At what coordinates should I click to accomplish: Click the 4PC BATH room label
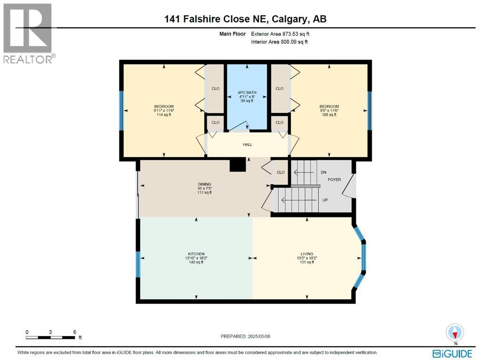click(x=247, y=92)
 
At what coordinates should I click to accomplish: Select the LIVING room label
click(x=307, y=254)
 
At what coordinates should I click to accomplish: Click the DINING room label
click(x=204, y=184)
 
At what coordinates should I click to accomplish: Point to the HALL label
click(x=248, y=144)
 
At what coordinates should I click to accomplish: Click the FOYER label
click(x=334, y=180)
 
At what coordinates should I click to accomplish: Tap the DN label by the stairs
click(x=323, y=173)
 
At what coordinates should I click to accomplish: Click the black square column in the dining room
click(x=237, y=165)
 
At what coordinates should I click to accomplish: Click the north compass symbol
click(x=455, y=332)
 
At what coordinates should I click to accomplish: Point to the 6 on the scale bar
click(x=74, y=332)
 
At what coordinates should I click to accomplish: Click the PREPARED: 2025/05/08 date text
click(x=246, y=336)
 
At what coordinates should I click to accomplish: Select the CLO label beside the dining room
click(x=281, y=172)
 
